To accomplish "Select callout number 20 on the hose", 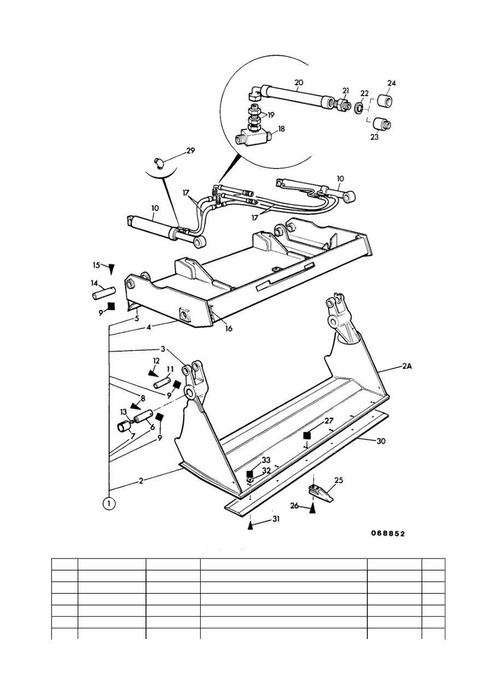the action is click(299, 83).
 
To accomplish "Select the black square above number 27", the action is click(307, 435).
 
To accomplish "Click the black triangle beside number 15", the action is click(112, 269).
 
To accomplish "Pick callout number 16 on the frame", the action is click(227, 329).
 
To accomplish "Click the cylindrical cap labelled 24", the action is click(385, 102).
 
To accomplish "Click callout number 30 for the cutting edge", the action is click(381, 441).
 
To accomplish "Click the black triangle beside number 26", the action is click(313, 508).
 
